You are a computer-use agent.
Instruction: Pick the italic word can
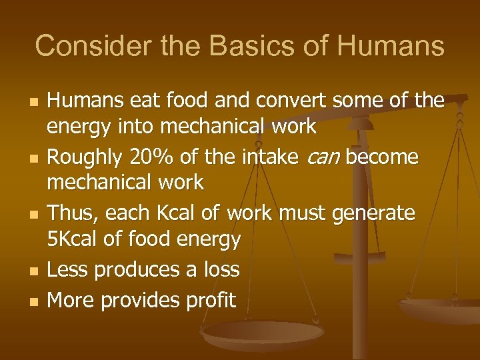pos(321,158)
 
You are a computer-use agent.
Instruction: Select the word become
pos(382,157)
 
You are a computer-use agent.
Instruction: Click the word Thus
pos(75,213)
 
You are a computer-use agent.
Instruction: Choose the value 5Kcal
pos(75,239)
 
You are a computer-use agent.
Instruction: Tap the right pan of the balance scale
pos(440,308)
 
